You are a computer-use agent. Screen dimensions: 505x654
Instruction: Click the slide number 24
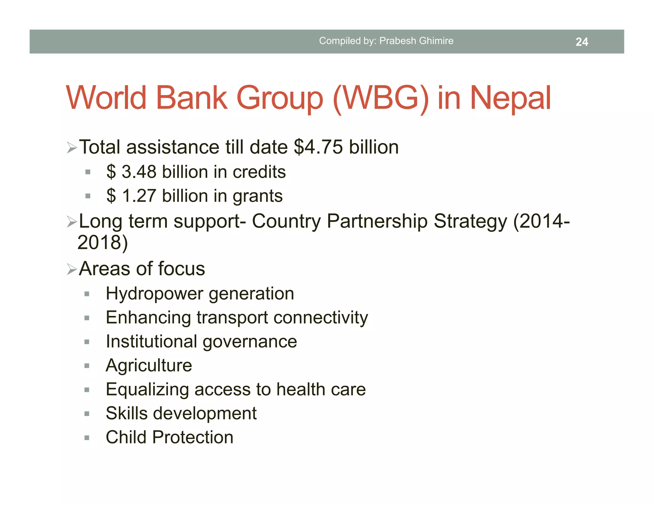tap(582, 42)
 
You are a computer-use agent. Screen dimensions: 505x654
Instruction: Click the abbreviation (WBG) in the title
tap(381, 98)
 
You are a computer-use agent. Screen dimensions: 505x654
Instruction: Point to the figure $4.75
tap(318, 147)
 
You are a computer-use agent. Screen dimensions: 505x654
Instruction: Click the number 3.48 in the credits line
tap(139, 172)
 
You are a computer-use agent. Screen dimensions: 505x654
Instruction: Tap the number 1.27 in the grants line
tap(139, 196)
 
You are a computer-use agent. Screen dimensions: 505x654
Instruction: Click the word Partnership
tap(377, 221)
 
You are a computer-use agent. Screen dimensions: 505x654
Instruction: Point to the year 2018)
tap(103, 242)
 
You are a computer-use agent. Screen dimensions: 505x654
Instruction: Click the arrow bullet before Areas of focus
tap(72, 269)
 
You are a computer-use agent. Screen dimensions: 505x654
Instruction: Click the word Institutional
tap(151, 342)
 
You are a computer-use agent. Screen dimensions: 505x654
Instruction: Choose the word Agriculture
tap(149, 366)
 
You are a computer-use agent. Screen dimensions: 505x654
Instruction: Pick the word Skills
tap(126, 413)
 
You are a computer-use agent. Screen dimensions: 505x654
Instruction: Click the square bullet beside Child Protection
tap(87, 438)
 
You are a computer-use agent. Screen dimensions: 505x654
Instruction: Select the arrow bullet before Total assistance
tap(72, 148)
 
